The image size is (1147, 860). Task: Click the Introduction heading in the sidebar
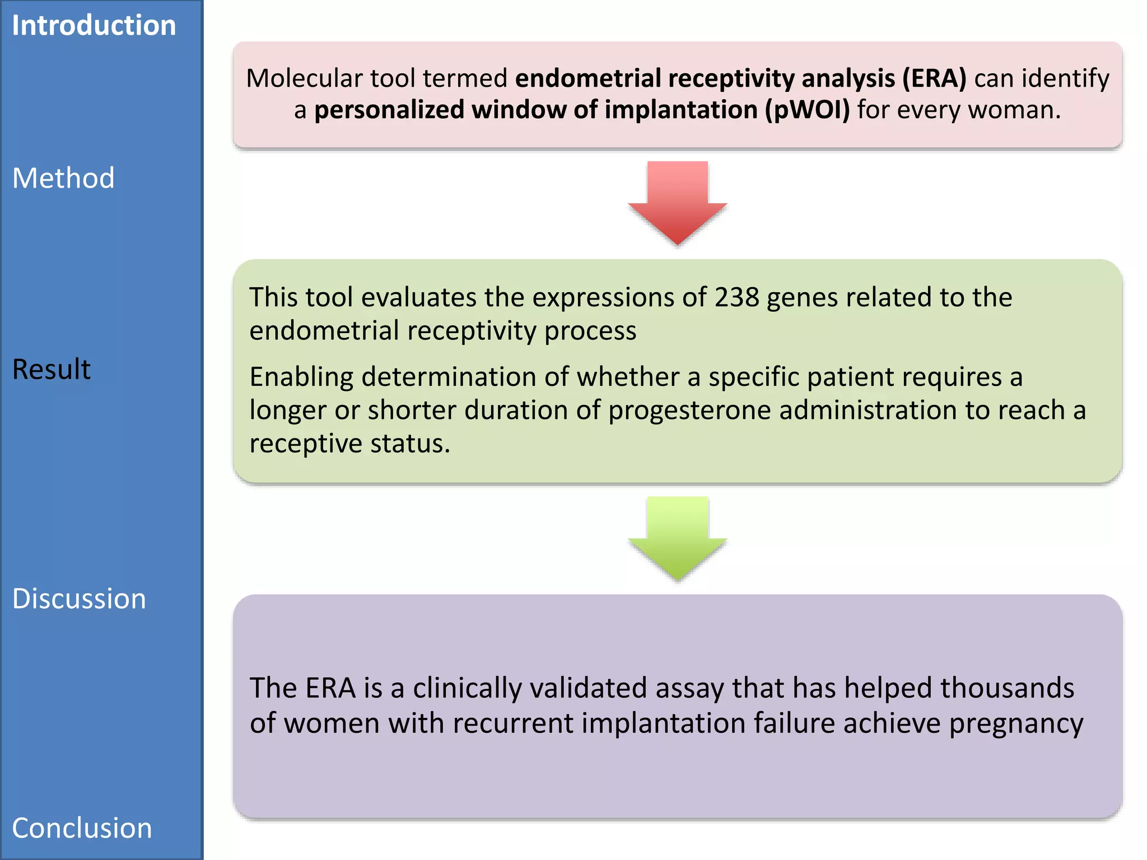pos(94,26)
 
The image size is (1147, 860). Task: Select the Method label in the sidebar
pos(63,179)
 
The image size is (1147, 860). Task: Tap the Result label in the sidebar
pos(51,370)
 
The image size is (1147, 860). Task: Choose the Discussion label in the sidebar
pos(79,599)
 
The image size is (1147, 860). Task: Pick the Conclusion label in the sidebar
pos(82,828)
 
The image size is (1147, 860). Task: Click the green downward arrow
pos(677,537)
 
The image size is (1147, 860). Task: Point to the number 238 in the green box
pos(736,297)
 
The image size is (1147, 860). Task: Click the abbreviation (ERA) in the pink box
pos(934,78)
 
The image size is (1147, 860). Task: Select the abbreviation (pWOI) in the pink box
pos(808,110)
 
